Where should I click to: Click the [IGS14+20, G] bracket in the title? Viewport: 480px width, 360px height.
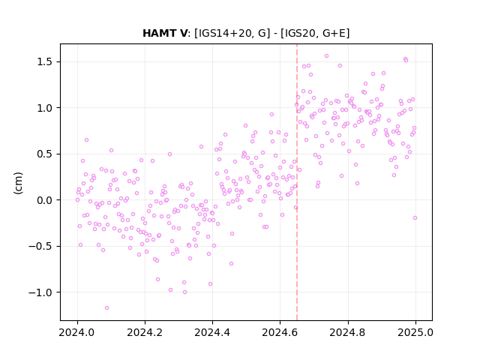232,33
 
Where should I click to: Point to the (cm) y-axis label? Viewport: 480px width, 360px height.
18,183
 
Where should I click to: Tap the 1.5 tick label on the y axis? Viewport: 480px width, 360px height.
45,61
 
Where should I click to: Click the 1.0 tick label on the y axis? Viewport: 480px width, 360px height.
45,108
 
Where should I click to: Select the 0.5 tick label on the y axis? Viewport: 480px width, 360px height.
45,154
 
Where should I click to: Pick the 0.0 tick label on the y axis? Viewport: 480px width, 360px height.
45,200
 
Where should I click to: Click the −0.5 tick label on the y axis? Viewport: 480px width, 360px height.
40,247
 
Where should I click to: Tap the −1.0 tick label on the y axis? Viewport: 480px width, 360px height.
40,292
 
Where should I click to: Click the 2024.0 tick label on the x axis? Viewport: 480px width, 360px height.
77,332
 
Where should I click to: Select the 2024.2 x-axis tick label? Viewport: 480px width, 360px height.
145,332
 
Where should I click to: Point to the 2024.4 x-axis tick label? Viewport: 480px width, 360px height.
212,332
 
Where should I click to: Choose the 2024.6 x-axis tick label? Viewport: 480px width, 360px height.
280,332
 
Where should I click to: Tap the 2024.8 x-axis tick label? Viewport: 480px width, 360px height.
348,332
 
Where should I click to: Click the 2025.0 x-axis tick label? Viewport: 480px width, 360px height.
415,332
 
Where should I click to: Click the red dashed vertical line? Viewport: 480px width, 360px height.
297,182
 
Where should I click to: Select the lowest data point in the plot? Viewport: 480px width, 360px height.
106,307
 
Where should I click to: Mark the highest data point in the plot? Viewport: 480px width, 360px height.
327,56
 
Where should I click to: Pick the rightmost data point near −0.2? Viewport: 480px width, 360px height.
415,218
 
